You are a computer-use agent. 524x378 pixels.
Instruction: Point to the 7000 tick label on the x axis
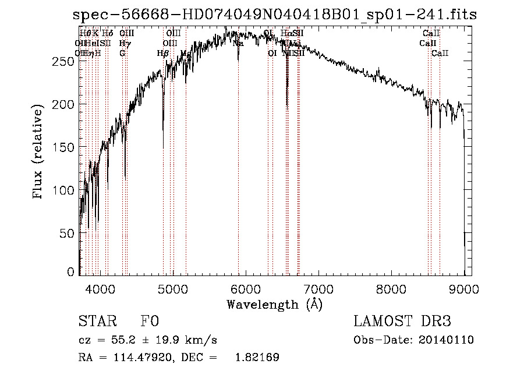[x=318, y=288]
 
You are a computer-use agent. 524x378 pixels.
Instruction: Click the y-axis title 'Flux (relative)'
[x=39, y=152]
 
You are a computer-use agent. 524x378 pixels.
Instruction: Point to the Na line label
[x=238, y=43]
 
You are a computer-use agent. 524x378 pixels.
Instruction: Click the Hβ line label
[x=163, y=53]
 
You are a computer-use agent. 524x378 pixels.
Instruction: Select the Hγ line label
[x=123, y=43]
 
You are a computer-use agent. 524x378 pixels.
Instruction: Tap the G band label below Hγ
[x=122, y=53]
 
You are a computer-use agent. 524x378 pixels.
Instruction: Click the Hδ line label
[x=107, y=34]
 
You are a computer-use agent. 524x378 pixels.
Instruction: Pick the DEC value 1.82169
[x=257, y=358]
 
